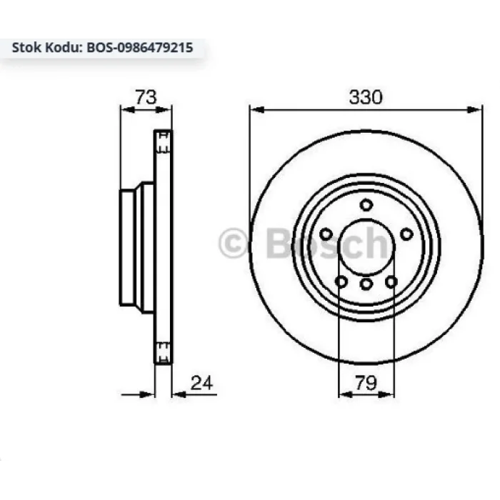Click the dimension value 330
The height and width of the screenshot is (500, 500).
(x=366, y=97)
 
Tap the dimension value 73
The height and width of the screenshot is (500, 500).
(x=146, y=97)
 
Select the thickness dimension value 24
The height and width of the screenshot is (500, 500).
(x=201, y=383)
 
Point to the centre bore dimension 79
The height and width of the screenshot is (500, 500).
(x=366, y=383)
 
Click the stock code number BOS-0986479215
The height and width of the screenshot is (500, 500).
(x=140, y=48)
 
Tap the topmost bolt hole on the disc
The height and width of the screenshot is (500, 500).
(x=366, y=205)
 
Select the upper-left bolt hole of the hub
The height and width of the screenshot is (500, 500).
(x=326, y=234)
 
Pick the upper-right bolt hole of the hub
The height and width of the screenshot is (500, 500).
(x=406, y=234)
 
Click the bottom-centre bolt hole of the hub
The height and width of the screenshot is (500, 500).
(x=366, y=284)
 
